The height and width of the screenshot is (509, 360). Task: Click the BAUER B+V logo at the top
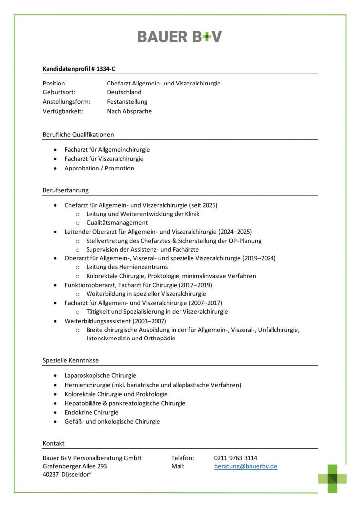(x=180, y=36)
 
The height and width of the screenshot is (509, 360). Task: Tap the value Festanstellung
(x=127, y=102)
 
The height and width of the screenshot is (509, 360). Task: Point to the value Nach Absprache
(x=129, y=111)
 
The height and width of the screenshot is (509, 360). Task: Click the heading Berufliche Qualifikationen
(x=79, y=134)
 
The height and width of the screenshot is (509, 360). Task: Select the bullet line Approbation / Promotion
(x=99, y=168)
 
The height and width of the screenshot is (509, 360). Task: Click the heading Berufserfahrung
(x=66, y=190)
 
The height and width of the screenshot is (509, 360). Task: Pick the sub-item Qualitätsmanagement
(x=117, y=223)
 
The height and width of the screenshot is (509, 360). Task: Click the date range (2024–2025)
(x=235, y=232)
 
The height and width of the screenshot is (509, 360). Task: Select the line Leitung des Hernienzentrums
(x=127, y=267)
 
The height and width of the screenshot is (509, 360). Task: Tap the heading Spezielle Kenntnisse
(x=71, y=360)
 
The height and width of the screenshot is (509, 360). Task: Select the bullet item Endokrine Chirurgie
(x=91, y=412)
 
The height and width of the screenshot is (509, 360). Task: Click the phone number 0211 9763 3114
(x=236, y=458)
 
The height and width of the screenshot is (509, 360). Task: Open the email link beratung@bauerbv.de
(x=246, y=466)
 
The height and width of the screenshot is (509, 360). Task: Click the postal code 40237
(x=52, y=475)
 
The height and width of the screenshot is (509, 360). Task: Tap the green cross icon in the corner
(x=333, y=478)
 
